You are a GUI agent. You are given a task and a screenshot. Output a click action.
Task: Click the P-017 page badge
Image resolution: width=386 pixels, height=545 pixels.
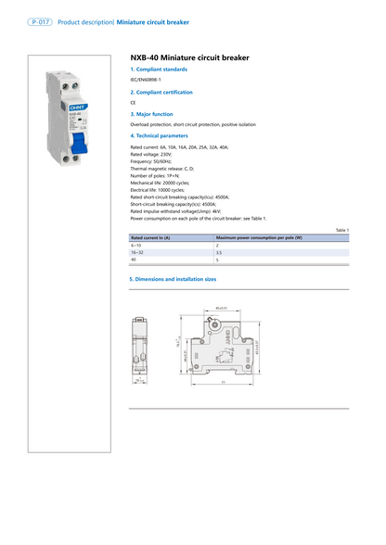[38, 19]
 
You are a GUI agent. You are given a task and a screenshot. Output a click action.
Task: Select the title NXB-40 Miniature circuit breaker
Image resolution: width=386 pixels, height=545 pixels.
[190, 57]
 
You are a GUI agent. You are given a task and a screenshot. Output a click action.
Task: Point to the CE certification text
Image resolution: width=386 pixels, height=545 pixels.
[133, 103]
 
